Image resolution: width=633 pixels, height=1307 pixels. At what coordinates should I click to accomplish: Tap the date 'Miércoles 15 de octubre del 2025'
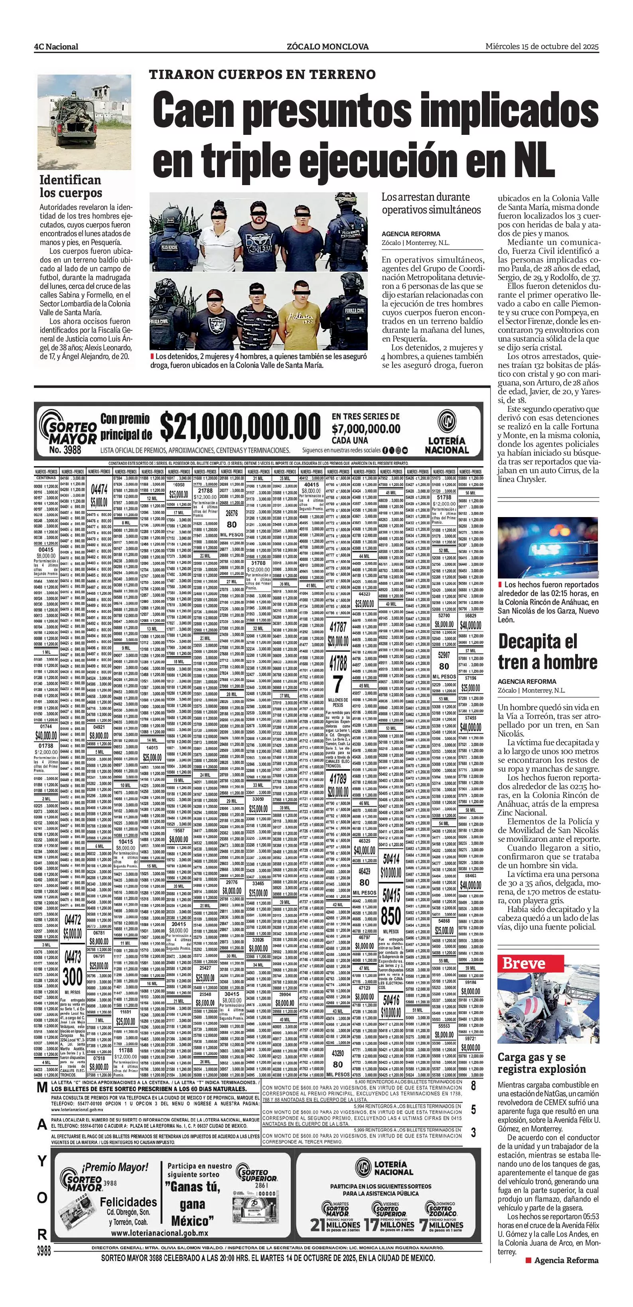[x=542, y=46]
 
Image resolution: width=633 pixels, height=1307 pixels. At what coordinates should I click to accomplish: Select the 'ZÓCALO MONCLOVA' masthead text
[x=327, y=47]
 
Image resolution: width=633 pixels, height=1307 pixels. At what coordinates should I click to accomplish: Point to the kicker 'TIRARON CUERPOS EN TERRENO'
[x=262, y=75]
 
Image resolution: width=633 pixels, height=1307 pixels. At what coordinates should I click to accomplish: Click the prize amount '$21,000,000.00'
[x=241, y=427]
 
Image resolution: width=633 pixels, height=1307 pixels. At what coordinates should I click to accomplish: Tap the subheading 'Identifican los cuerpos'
[x=71, y=186]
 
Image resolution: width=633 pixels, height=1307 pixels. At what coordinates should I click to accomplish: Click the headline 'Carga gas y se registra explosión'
[x=541, y=1064]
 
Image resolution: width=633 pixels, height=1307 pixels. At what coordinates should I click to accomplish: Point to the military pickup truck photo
[x=84, y=122]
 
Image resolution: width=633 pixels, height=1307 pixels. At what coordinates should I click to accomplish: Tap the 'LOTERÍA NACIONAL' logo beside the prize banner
[x=446, y=432]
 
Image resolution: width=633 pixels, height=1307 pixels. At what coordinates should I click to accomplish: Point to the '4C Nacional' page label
[x=56, y=47]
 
